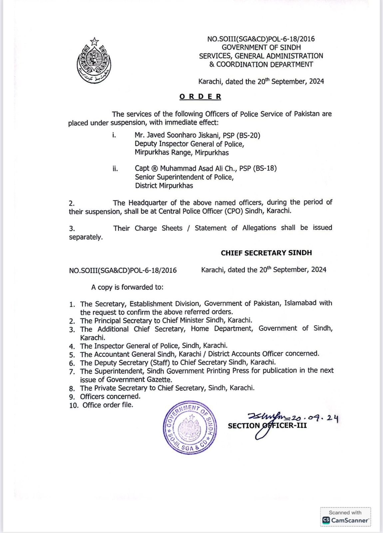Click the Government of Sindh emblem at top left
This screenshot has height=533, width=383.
94,61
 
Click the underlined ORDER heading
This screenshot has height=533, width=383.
200,97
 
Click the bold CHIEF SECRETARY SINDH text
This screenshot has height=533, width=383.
266,253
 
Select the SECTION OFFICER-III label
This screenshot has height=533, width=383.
267,426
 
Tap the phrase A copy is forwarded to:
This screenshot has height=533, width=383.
127,287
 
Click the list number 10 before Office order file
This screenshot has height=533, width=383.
74,405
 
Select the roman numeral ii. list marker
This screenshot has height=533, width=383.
115,169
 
